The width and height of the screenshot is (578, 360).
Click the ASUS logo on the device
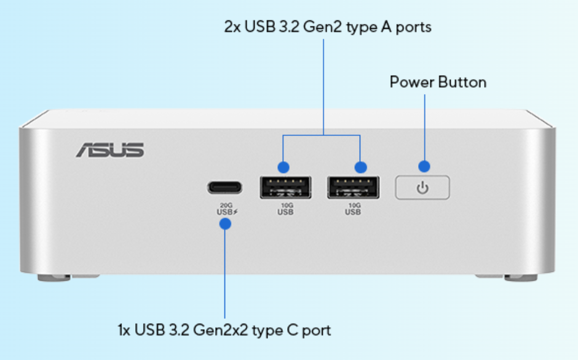pyautogui.click(x=110, y=149)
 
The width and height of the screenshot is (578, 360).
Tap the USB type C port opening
pyautogui.click(x=224, y=187)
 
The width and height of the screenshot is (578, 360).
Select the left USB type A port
pyautogui.click(x=285, y=187)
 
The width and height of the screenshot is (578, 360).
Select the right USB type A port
pyautogui.click(x=353, y=187)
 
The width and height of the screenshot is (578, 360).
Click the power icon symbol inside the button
pyautogui.click(x=422, y=188)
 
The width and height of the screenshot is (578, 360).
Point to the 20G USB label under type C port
pyautogui.click(x=224, y=209)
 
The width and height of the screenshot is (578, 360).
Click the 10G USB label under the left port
pyautogui.click(x=285, y=209)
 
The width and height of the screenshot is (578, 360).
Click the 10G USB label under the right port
pyautogui.click(x=353, y=209)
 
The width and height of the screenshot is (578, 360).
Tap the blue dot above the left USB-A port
pyautogui.click(x=283, y=167)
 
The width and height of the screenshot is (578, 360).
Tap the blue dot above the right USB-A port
pyautogui.click(x=361, y=167)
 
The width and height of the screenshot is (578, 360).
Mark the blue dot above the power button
pyautogui.click(x=424, y=166)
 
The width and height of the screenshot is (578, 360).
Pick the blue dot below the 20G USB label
pyautogui.click(x=225, y=224)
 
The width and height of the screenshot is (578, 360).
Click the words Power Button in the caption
pyautogui.click(x=438, y=82)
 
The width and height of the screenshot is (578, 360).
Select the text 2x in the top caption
pyautogui.click(x=232, y=27)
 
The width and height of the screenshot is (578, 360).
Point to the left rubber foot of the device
pyautogui.click(x=54, y=278)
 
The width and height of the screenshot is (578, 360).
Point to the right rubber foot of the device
pyautogui.click(x=520, y=278)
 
